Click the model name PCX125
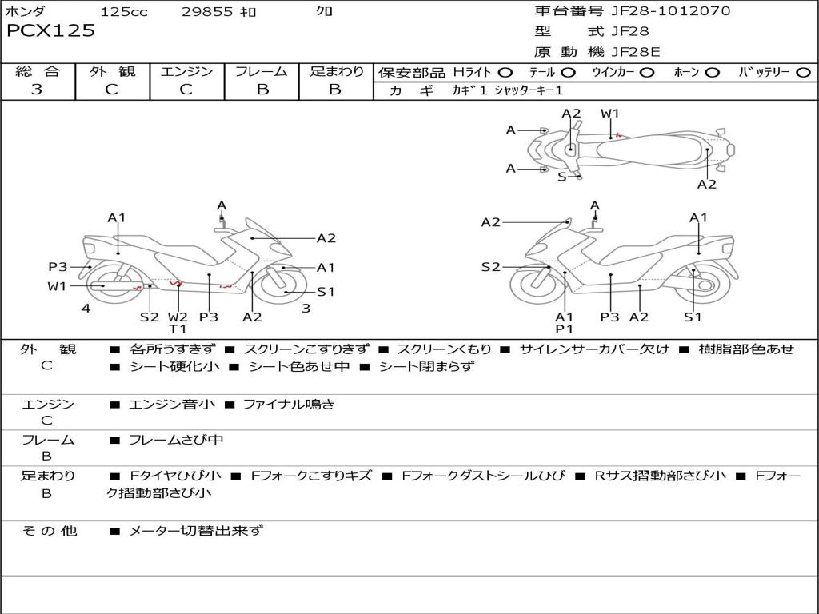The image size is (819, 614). (51, 31)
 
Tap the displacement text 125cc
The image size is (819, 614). (124, 11)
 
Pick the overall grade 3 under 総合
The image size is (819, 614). (37, 90)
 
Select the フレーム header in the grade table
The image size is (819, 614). (262, 72)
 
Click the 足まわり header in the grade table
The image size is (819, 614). (336, 72)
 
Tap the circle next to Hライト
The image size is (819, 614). (506, 73)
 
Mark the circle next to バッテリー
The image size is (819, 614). (804, 73)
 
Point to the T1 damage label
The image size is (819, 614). (177, 329)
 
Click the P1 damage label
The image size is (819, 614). (565, 329)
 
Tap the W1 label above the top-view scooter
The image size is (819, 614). (610, 114)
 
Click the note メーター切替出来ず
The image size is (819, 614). (196, 530)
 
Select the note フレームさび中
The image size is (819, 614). (176, 440)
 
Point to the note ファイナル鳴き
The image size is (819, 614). (288, 405)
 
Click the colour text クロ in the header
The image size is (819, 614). (325, 11)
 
